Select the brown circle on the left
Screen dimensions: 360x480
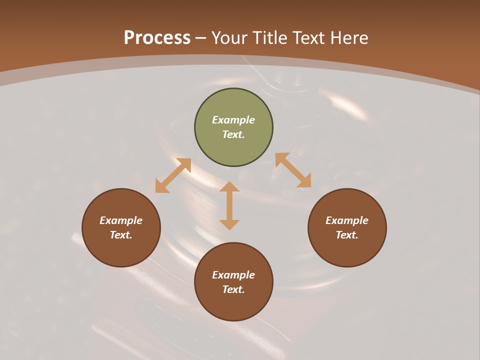(121, 250)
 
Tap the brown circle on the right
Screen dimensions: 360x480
(347, 250)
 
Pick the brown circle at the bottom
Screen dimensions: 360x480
(233, 304)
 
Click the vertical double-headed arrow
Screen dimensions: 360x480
(229, 205)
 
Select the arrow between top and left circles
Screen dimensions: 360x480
(173, 175)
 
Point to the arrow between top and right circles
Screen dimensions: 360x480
(293, 170)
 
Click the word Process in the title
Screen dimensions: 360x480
(157, 37)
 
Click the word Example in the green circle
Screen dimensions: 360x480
(233, 120)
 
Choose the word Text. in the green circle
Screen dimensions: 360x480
(233, 134)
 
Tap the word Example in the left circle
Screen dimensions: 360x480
(121, 220)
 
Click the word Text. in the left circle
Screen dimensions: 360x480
(121, 235)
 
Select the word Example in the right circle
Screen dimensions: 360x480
(347, 220)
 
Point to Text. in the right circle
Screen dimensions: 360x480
(347, 235)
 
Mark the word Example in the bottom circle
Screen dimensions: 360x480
(233, 275)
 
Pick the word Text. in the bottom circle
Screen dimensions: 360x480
(233, 289)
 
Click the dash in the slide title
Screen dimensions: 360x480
(201, 38)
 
